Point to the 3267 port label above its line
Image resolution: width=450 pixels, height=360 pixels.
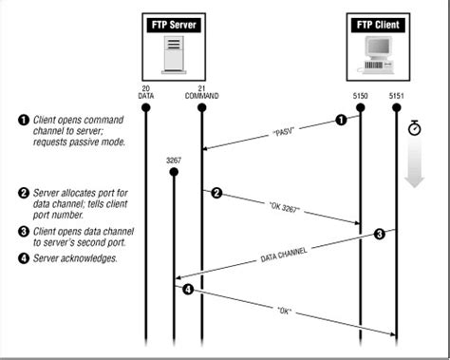point(174,161)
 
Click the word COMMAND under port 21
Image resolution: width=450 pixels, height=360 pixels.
point(202,95)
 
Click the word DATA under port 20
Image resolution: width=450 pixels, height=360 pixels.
point(145,95)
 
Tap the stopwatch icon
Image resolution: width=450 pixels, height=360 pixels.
point(413,126)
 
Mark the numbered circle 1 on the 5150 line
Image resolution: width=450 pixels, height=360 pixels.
point(341,120)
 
